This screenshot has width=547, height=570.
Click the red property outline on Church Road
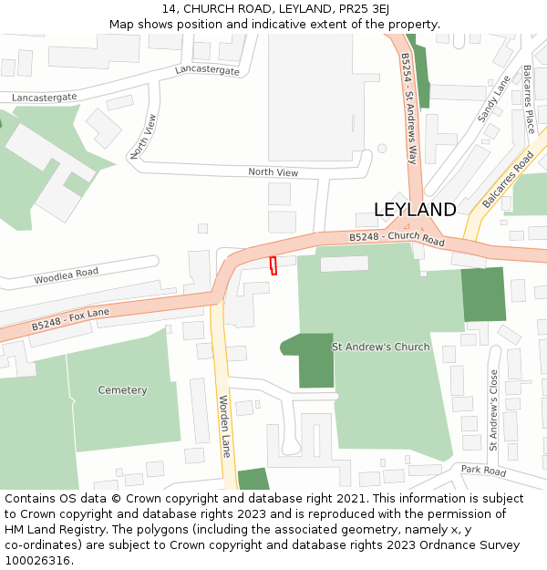point(273,265)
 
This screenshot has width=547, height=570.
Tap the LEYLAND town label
point(415,210)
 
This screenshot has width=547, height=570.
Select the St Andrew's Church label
point(380,347)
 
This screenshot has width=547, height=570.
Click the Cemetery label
point(122,390)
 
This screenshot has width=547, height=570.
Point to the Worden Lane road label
point(224,426)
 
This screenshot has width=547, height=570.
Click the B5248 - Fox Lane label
point(70,319)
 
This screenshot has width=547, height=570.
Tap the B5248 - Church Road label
point(397,239)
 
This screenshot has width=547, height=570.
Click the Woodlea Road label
point(66,275)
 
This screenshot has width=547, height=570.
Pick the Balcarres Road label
point(508,180)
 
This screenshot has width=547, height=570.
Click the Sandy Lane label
point(494,98)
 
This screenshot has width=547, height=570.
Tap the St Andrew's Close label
point(493,409)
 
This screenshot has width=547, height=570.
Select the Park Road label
point(483,471)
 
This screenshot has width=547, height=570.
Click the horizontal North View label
point(273,172)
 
